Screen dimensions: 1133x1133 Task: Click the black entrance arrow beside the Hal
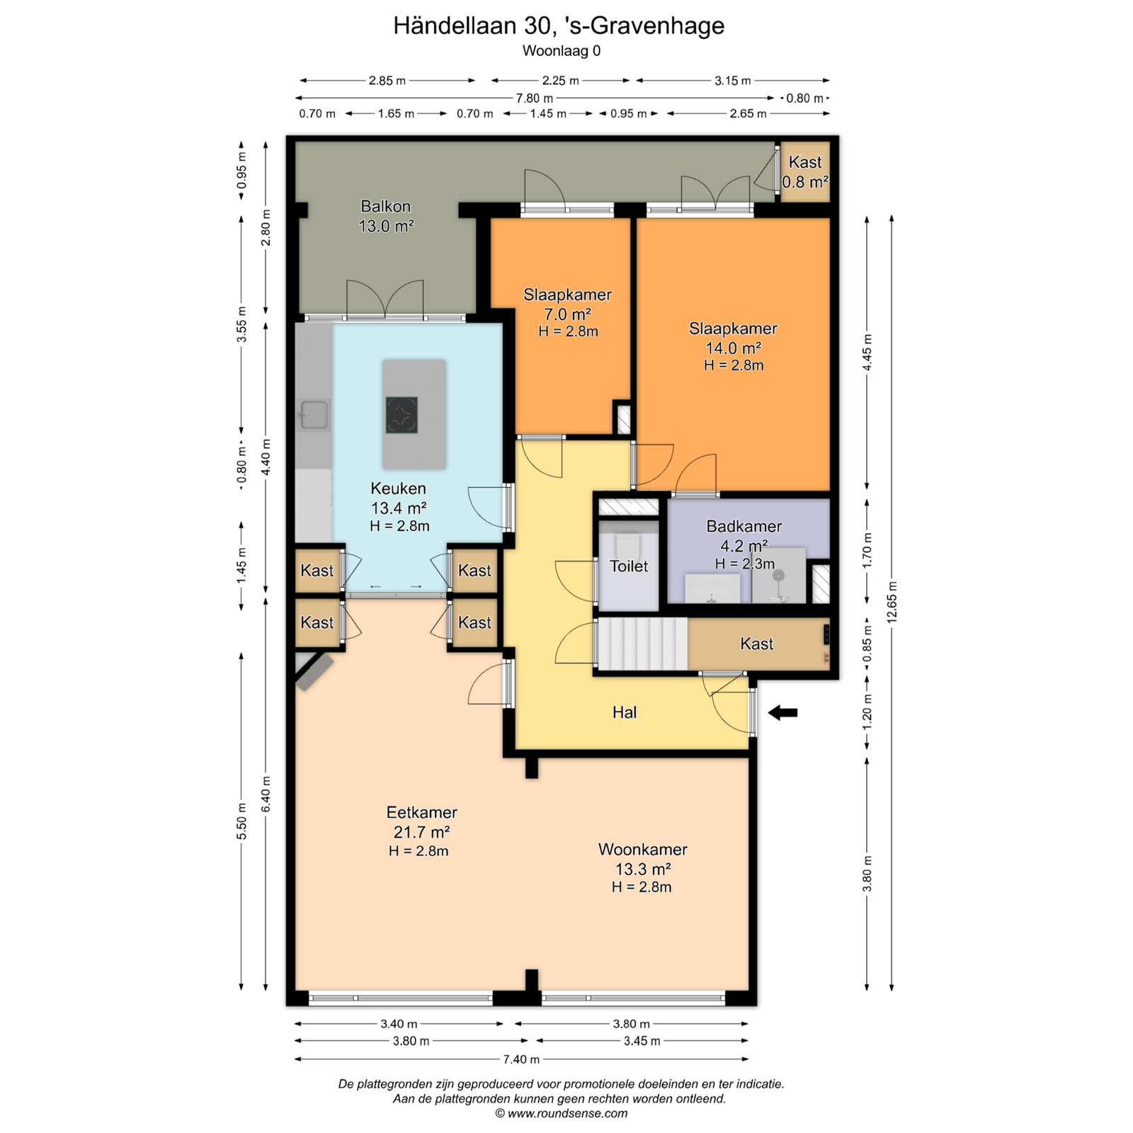tap(782, 713)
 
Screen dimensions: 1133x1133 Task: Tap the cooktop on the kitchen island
tap(402, 415)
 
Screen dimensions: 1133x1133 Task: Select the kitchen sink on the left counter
tap(314, 415)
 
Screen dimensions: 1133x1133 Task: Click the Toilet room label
tap(629, 566)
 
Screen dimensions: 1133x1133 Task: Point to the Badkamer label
tap(744, 526)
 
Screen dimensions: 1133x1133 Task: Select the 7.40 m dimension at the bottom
tap(521, 1059)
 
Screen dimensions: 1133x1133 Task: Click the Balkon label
tap(385, 206)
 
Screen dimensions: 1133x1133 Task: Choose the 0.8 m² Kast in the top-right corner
tap(805, 172)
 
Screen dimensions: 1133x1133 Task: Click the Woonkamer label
tap(643, 849)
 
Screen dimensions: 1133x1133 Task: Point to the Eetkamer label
tap(421, 812)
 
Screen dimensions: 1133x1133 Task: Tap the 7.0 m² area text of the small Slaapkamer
tap(567, 314)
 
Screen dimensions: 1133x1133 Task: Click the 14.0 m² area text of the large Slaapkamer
tap(733, 348)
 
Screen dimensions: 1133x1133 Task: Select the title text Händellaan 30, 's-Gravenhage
tap(559, 25)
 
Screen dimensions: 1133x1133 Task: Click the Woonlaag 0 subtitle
tap(562, 50)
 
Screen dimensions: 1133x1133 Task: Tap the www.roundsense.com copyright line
tap(561, 1113)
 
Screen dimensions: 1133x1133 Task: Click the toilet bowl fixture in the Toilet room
tap(628, 545)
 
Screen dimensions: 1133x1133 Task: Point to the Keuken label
tap(399, 488)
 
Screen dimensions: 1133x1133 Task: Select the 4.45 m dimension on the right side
tap(867, 352)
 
